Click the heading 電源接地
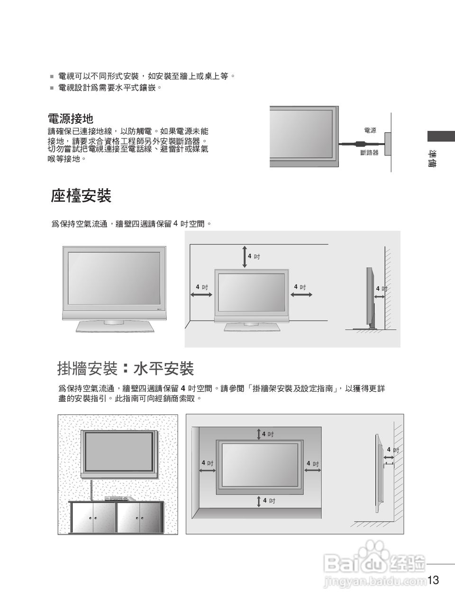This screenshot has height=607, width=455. (x=71, y=118)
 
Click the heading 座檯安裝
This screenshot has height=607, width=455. (x=81, y=195)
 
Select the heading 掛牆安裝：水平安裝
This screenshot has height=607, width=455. (x=125, y=368)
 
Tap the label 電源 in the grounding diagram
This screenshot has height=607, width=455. (x=370, y=130)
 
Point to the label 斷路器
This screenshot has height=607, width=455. (x=369, y=153)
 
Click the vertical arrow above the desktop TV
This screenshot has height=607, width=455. (x=245, y=257)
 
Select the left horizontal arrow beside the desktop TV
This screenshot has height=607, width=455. (x=201, y=295)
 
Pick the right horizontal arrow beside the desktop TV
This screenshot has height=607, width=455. (x=301, y=295)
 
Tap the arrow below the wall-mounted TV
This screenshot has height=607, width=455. (x=259, y=501)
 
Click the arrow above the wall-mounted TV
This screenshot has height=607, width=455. (x=259, y=434)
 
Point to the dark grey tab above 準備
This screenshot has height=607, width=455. (x=441, y=136)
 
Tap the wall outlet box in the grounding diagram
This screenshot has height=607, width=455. (x=388, y=143)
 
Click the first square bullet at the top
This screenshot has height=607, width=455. (x=52, y=76)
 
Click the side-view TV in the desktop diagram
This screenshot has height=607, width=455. (x=370, y=299)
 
